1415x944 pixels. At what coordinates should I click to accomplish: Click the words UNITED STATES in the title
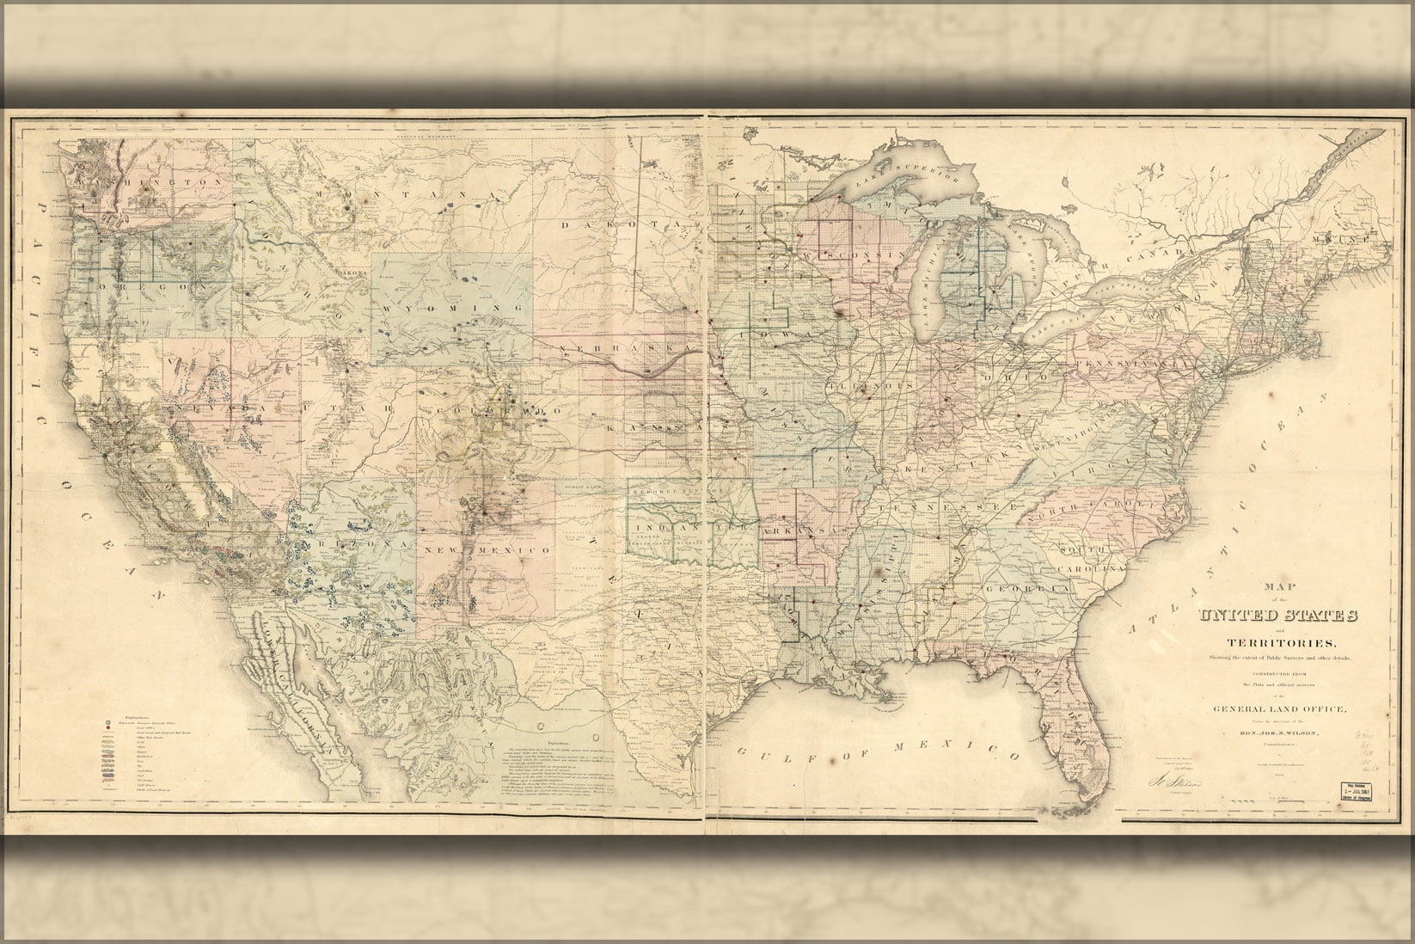point(1279,616)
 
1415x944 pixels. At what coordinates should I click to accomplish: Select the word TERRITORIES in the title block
point(1278,643)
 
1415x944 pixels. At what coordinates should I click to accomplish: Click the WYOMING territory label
point(453,307)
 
